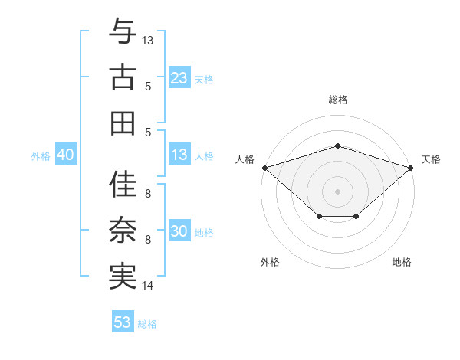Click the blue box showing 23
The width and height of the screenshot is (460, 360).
click(x=179, y=78)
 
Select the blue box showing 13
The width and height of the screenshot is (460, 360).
click(x=179, y=155)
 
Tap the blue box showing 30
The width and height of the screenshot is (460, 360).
click(x=179, y=232)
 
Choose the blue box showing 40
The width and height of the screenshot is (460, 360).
click(x=65, y=155)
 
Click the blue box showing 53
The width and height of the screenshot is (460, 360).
click(x=123, y=322)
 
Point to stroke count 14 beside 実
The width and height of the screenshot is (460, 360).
click(x=148, y=286)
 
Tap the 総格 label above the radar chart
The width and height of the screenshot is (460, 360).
click(x=338, y=100)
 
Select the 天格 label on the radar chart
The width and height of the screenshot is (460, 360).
click(x=431, y=159)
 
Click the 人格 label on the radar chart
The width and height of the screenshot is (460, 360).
click(x=245, y=159)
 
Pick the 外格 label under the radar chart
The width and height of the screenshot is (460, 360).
click(x=270, y=262)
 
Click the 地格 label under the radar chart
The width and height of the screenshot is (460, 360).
click(x=402, y=262)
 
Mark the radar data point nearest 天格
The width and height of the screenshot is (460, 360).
click(x=411, y=167)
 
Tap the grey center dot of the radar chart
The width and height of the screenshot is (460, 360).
click(x=337, y=191)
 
